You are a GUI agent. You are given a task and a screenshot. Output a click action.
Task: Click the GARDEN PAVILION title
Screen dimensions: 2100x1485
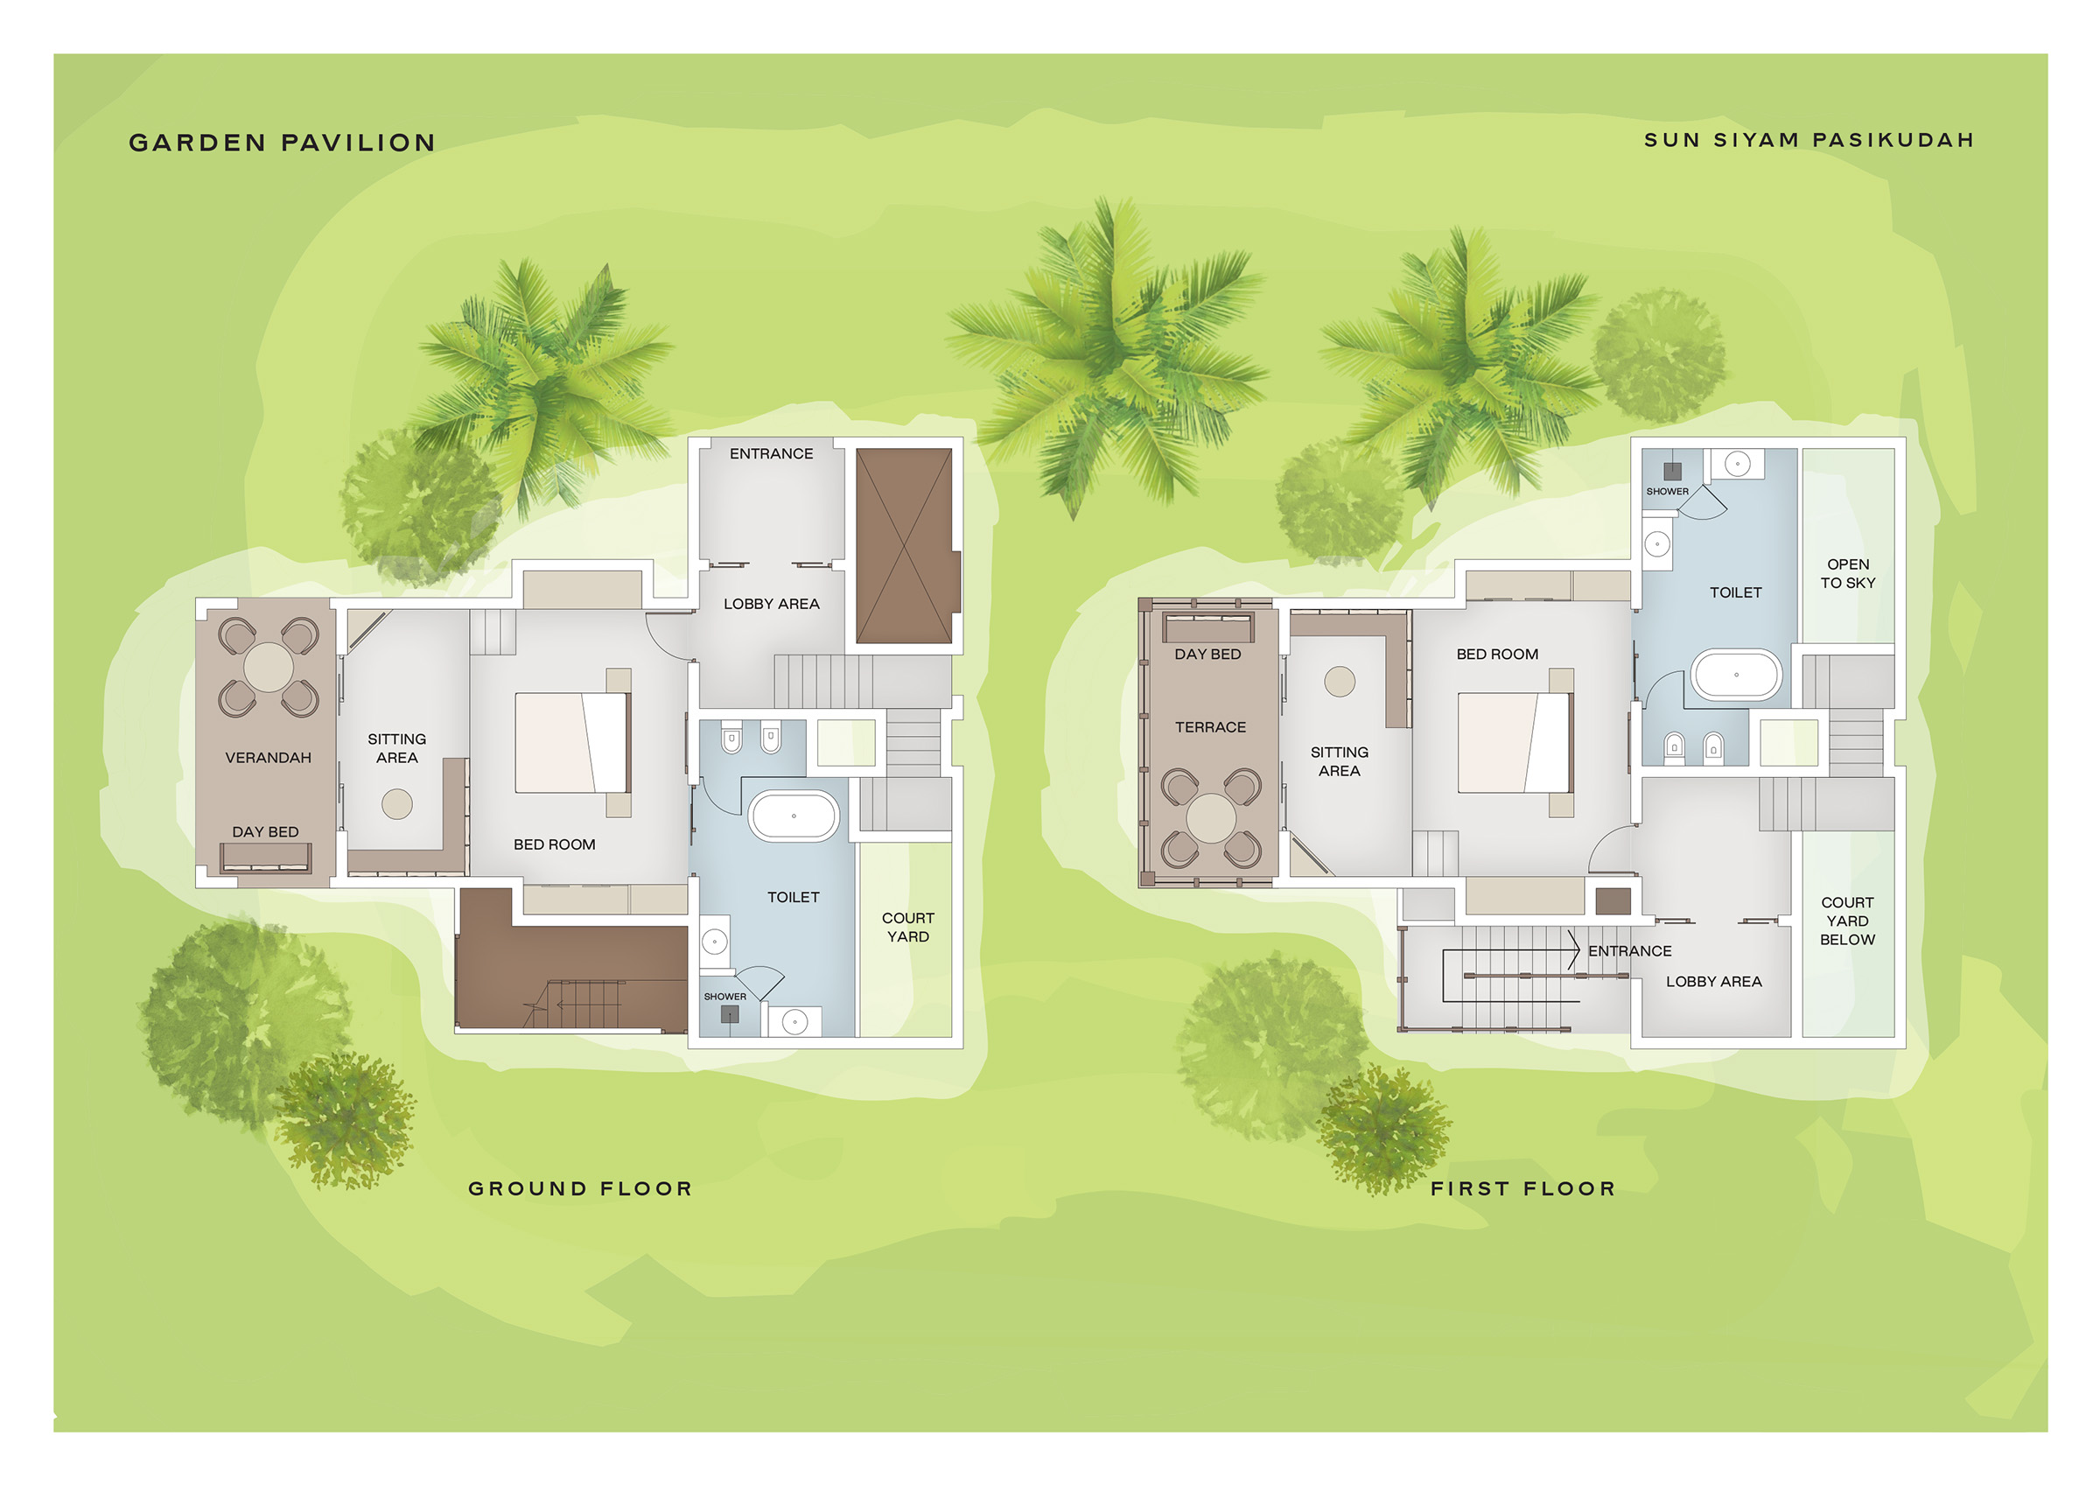click(x=282, y=143)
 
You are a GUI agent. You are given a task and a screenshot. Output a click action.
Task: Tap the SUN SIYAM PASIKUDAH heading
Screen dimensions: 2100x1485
click(x=1809, y=140)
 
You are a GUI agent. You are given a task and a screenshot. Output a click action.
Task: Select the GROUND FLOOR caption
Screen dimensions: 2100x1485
click(x=580, y=1188)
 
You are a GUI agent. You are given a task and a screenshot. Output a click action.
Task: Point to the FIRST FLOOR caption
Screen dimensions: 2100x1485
click(x=1522, y=1188)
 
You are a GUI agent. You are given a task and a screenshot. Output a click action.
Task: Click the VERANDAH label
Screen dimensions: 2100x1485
click(x=268, y=758)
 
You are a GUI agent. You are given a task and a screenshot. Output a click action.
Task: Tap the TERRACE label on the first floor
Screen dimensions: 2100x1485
click(x=1210, y=727)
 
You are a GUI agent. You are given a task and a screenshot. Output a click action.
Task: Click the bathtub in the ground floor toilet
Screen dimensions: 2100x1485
click(x=794, y=816)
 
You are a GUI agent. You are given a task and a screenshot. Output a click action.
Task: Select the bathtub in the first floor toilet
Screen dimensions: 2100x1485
click(x=1736, y=675)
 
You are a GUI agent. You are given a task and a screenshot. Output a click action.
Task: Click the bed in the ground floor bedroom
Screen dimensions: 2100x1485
click(x=572, y=742)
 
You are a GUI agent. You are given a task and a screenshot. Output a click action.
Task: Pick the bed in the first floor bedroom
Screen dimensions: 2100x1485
click(x=1515, y=742)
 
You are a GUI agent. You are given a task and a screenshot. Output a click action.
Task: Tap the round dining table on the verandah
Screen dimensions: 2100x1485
click(x=269, y=667)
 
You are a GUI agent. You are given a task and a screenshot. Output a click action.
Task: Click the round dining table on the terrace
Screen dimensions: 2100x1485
click(x=1211, y=818)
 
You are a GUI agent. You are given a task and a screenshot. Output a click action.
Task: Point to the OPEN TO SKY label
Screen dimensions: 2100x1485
click(x=1847, y=574)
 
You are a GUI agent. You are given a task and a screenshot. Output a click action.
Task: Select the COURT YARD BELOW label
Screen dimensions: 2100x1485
click(x=1847, y=921)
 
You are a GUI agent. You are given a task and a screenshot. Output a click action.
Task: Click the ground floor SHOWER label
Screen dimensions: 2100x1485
click(x=725, y=997)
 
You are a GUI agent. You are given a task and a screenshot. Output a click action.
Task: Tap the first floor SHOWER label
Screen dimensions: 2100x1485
click(x=1668, y=491)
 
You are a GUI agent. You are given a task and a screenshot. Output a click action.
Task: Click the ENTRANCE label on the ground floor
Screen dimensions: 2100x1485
click(x=771, y=454)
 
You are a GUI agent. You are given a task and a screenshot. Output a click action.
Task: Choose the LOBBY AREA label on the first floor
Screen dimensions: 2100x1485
click(x=1713, y=982)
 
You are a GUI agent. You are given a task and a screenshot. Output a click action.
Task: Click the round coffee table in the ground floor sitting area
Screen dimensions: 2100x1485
click(x=397, y=803)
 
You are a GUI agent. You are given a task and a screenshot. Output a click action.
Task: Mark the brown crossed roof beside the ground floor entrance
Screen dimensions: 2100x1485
click(x=905, y=546)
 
